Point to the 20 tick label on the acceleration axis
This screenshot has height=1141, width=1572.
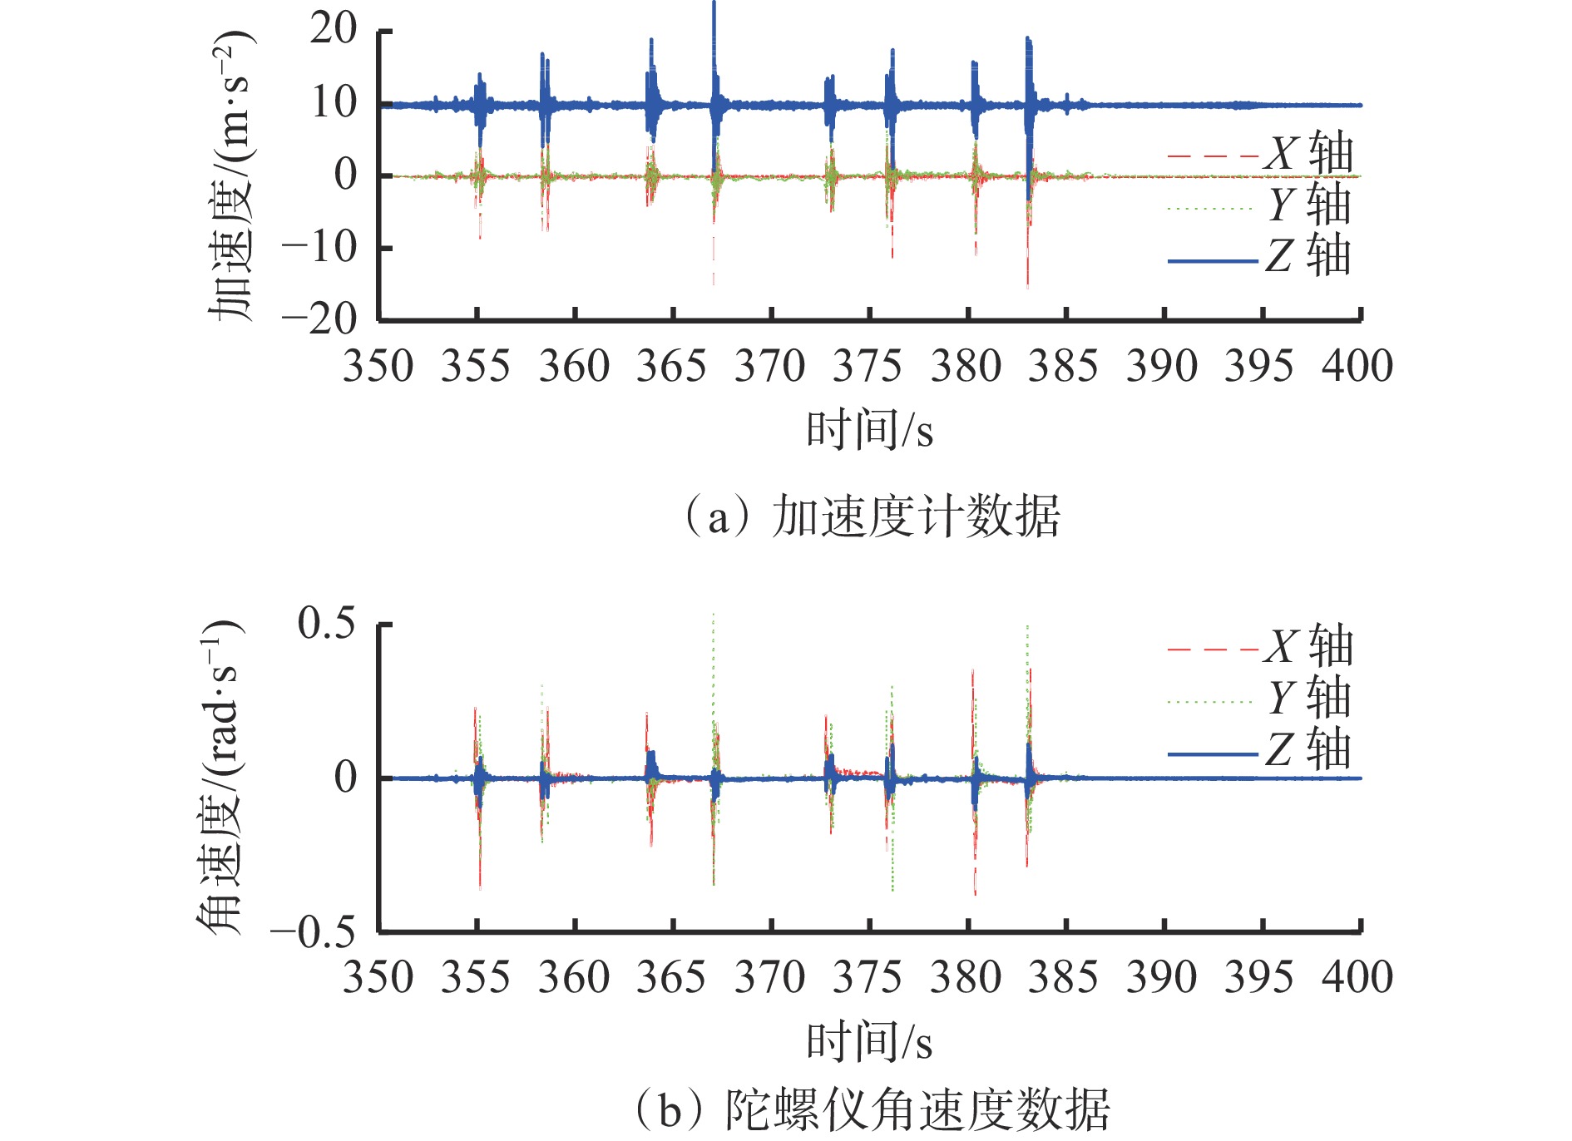(334, 31)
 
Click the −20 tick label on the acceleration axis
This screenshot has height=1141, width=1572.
(320, 319)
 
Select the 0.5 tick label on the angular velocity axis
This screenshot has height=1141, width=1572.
(327, 623)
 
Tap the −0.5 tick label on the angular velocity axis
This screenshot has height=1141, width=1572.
(314, 932)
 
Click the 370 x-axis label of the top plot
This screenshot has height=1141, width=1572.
(770, 367)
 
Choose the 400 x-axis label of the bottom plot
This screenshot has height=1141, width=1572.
(1357, 977)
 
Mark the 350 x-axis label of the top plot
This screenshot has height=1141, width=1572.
(378, 367)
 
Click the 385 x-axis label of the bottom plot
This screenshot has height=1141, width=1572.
(1063, 977)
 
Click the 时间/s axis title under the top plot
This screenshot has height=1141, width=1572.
(869, 431)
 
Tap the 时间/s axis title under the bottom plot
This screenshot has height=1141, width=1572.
(869, 1041)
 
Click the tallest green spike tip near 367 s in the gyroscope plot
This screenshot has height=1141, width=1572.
(713, 615)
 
